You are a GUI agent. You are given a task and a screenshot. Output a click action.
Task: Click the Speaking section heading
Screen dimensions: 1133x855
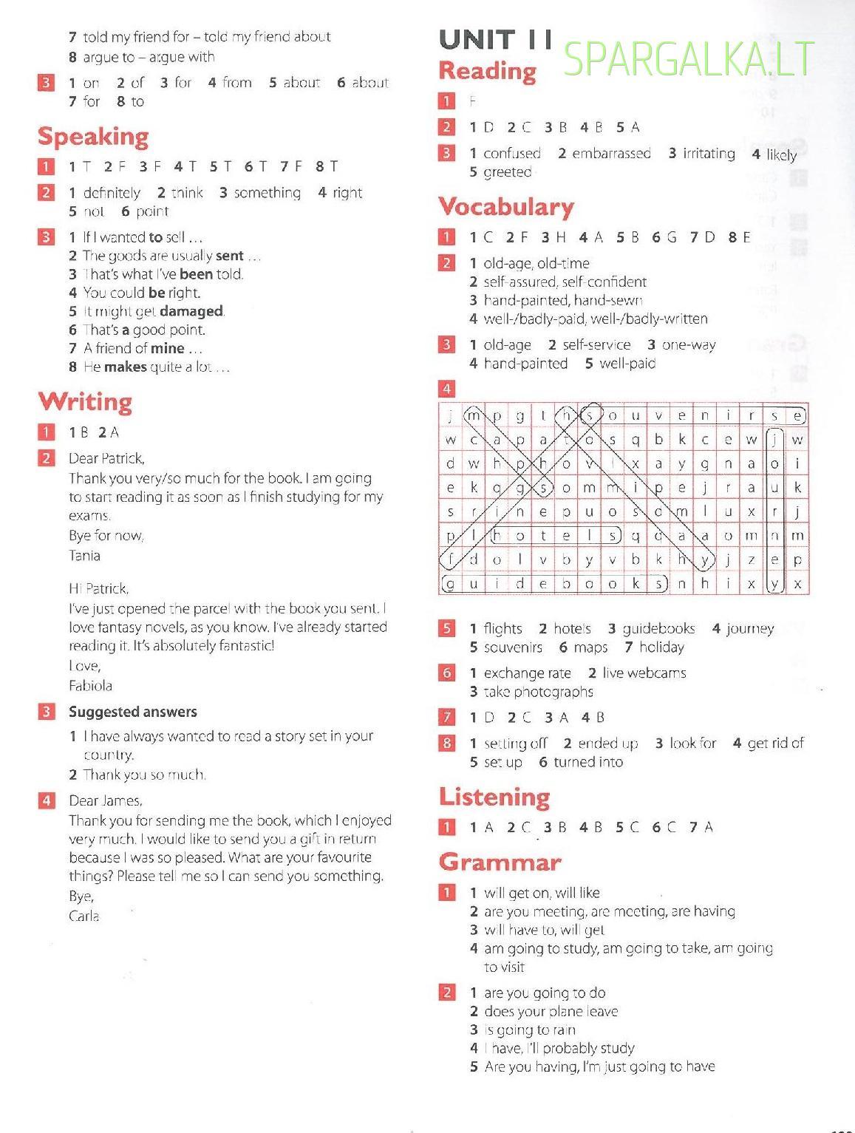coord(93,137)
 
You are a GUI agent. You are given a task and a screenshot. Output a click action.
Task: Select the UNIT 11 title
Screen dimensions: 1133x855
coord(495,40)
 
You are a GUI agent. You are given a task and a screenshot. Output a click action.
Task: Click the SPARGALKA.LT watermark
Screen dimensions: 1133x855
coord(689,58)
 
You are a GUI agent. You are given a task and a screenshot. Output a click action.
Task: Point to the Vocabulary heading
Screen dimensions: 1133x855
coord(506,206)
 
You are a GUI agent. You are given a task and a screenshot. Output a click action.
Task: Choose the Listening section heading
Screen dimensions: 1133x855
coord(494,797)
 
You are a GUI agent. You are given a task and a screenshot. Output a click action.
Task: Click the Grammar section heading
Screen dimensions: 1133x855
coord(500,862)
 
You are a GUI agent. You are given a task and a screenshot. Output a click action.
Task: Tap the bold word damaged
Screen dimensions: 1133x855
coord(191,311)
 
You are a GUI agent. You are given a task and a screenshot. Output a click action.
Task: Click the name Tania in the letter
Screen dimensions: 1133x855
coord(84,555)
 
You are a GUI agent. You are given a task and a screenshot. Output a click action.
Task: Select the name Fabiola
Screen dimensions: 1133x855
coord(90,685)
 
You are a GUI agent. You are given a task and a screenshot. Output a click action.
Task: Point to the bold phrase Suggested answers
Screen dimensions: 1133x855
coord(133,712)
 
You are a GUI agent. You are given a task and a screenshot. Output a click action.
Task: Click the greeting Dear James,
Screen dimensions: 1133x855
coord(106,800)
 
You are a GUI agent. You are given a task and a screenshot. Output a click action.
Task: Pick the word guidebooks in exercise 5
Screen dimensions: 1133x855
coord(658,628)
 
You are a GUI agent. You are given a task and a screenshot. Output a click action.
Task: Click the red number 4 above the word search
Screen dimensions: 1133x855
coord(446,388)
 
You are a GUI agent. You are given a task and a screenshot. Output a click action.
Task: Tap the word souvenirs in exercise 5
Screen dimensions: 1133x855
coord(513,647)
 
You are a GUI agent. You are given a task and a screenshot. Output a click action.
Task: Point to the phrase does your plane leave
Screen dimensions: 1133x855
coord(551,1011)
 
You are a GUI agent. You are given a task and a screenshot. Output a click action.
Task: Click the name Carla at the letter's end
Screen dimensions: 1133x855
coord(84,916)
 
